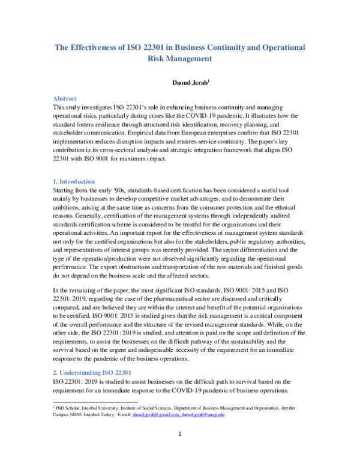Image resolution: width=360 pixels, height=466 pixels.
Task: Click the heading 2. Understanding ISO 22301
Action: tap(88, 373)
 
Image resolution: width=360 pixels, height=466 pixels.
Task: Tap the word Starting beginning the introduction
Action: tap(65, 190)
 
